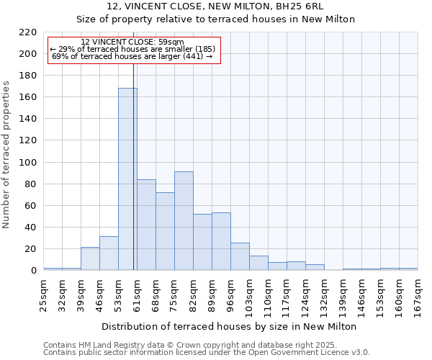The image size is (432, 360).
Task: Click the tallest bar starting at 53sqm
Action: click(x=127, y=179)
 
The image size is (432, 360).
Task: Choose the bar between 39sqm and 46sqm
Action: click(x=90, y=258)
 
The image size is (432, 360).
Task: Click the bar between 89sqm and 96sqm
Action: click(x=221, y=241)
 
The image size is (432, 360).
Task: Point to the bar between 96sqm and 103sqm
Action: click(x=240, y=256)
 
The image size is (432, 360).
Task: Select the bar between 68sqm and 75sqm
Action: click(x=165, y=231)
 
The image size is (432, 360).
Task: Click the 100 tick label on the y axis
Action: click(x=28, y=163)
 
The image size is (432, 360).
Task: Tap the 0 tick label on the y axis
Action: click(x=33, y=271)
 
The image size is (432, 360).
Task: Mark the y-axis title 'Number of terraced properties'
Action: click(x=6, y=155)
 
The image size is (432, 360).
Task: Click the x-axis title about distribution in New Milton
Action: click(x=230, y=326)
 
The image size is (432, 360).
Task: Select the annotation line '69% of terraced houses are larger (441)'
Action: click(x=132, y=56)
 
